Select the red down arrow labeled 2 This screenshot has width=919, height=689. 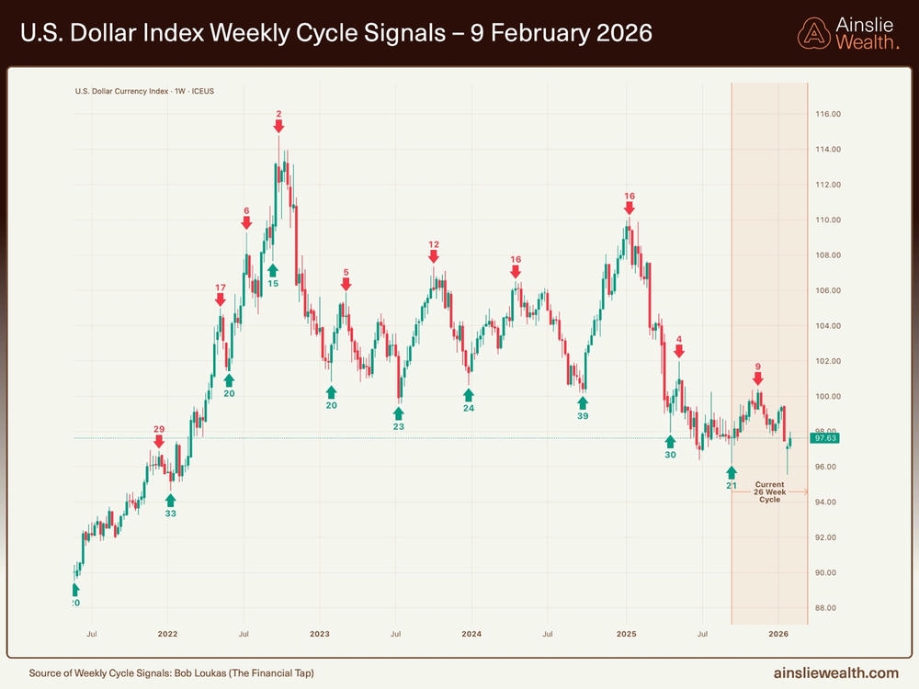pos(278,128)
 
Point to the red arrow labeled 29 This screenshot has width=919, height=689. pos(159,442)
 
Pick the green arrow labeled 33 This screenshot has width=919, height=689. pos(170,500)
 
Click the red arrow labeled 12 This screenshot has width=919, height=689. pos(434,257)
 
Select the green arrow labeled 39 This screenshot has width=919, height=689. pos(583,401)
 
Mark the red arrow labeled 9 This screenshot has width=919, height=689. pos(758,378)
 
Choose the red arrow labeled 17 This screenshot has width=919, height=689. pos(221,300)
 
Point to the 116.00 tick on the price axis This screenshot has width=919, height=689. pos(829,114)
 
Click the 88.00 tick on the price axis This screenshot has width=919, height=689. pos(829,608)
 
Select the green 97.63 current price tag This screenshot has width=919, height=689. pos(823,438)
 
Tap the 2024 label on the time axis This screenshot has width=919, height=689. pos(471,634)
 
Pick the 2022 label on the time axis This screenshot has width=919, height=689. pos(166,634)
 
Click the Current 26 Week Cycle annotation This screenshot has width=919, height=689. pos(769,491)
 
